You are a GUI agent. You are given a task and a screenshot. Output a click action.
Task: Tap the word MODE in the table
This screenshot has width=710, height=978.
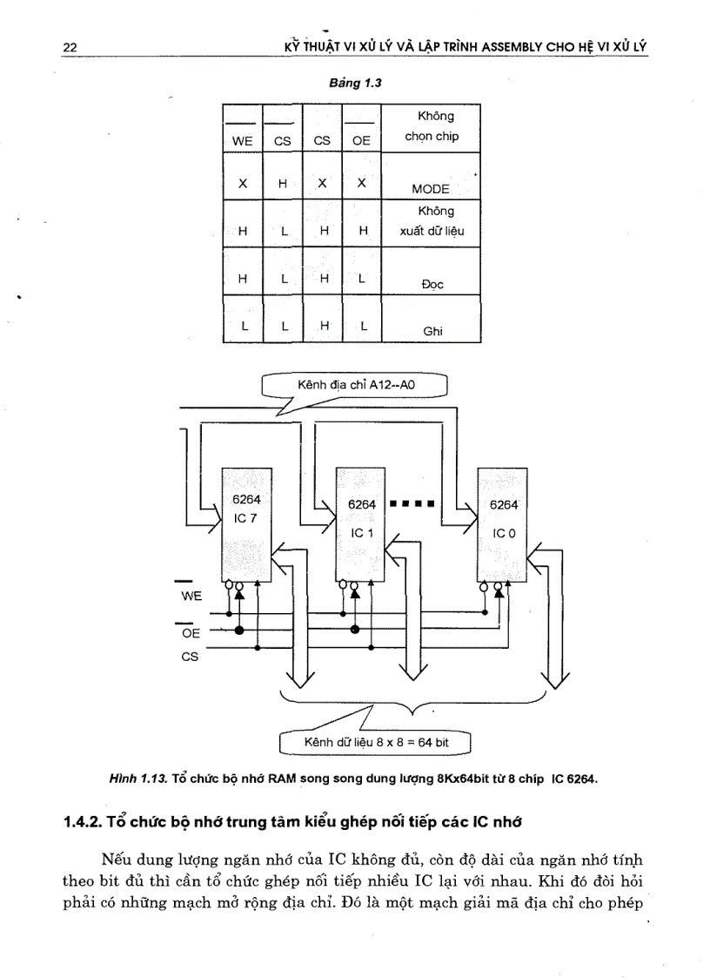430,189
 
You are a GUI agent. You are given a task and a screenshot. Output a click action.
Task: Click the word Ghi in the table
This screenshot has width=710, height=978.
432,332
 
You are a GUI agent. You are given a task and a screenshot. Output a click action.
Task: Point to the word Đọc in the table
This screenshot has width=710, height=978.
432,284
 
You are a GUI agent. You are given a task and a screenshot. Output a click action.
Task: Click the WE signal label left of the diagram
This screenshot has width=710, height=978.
191,597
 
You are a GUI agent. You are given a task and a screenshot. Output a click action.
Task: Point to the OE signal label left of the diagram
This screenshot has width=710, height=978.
191,633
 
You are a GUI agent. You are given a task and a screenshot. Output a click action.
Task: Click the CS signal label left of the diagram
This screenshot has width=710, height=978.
190,658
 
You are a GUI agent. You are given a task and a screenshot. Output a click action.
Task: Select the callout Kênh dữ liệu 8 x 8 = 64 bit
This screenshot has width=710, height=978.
375,743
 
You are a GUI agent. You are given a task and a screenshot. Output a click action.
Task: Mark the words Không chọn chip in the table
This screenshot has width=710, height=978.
432,127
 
